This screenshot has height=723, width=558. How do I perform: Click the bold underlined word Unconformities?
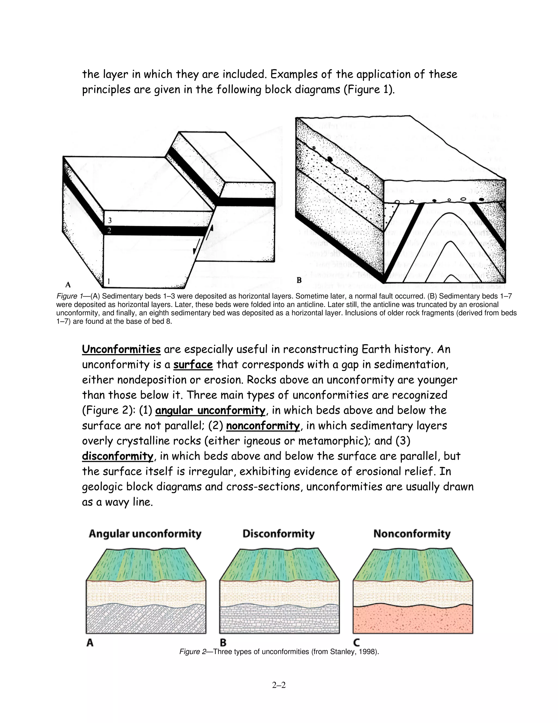(x=121, y=349)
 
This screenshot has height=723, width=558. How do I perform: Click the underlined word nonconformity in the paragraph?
(x=263, y=425)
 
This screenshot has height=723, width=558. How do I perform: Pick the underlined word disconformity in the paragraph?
(x=118, y=456)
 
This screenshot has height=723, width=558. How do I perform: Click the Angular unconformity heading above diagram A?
(x=145, y=534)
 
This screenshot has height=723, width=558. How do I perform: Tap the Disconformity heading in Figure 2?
(x=278, y=534)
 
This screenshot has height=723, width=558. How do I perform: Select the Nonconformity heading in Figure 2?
(x=412, y=534)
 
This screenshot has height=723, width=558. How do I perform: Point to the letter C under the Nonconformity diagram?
(x=356, y=643)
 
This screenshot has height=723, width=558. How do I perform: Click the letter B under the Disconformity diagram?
(x=223, y=643)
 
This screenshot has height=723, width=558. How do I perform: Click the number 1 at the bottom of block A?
(x=108, y=281)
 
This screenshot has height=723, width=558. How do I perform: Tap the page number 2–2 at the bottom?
(x=279, y=685)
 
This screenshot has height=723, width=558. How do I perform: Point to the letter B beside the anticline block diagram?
(x=299, y=280)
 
